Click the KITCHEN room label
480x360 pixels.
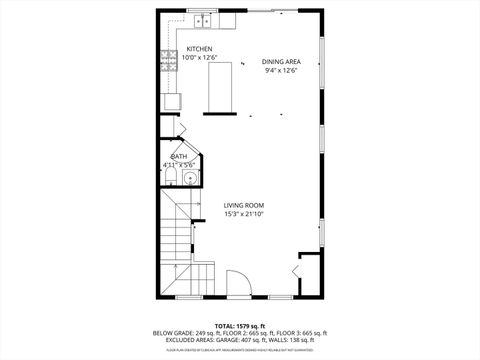click(198, 49)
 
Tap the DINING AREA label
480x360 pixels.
click(281, 61)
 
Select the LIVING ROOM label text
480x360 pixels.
click(243, 206)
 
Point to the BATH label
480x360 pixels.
click(179, 156)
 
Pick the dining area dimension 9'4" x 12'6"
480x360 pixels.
click(281, 70)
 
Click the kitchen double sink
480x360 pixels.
click(203, 19)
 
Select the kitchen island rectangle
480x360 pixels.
click(220, 86)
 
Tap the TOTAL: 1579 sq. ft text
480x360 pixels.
click(239, 326)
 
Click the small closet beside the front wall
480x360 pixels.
click(308, 275)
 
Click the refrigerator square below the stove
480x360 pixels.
click(172, 100)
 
